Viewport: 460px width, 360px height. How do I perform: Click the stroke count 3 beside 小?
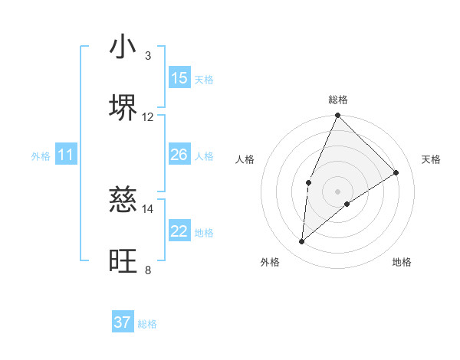(x=147, y=56)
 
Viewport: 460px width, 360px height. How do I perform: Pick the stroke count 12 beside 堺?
(x=148, y=116)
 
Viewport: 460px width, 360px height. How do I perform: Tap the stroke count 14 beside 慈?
(x=148, y=208)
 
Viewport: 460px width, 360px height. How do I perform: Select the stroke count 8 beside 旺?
(x=147, y=270)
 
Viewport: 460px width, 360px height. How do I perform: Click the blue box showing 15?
(x=179, y=78)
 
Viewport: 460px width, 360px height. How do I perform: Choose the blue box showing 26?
(x=179, y=155)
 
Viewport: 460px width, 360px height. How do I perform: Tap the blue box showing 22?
(x=179, y=231)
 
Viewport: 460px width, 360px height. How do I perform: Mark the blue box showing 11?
(x=66, y=155)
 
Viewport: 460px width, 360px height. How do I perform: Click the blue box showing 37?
(x=123, y=322)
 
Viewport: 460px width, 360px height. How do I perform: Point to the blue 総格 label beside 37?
(x=147, y=324)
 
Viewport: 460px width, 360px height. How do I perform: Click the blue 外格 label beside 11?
(x=41, y=156)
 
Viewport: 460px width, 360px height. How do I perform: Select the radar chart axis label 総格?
(x=337, y=100)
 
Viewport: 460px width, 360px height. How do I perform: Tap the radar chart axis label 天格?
(x=431, y=159)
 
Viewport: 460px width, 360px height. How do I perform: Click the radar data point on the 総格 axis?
(x=337, y=116)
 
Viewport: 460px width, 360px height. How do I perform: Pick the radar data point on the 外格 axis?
(x=302, y=242)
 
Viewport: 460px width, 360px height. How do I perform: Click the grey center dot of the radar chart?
(x=337, y=191)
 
